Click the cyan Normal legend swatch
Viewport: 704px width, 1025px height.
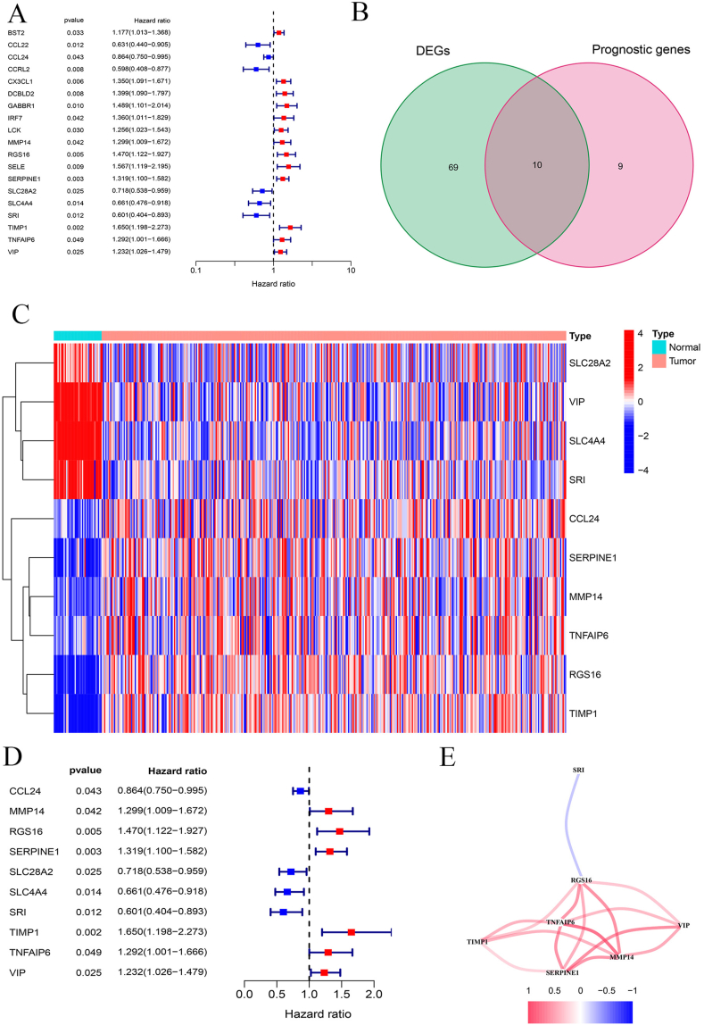tap(658, 346)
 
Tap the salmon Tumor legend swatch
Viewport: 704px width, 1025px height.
tap(658, 362)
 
